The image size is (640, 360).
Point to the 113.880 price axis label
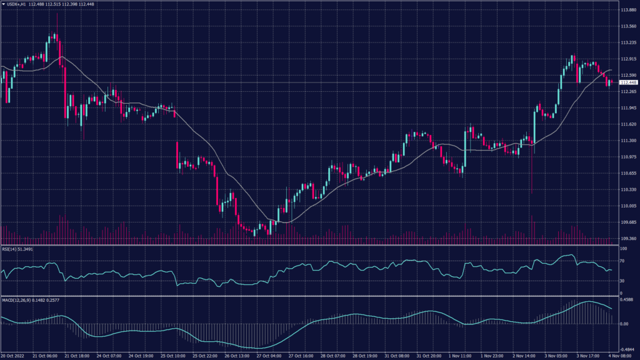(x=627, y=11)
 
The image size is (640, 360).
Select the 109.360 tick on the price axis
(x=627, y=239)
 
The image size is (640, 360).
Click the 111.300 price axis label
(x=627, y=141)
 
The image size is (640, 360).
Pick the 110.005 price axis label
(x=627, y=206)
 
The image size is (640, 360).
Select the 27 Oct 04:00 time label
(x=269, y=355)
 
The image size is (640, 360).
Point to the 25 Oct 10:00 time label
(x=172, y=355)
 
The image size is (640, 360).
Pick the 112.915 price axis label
(x=627, y=59)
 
